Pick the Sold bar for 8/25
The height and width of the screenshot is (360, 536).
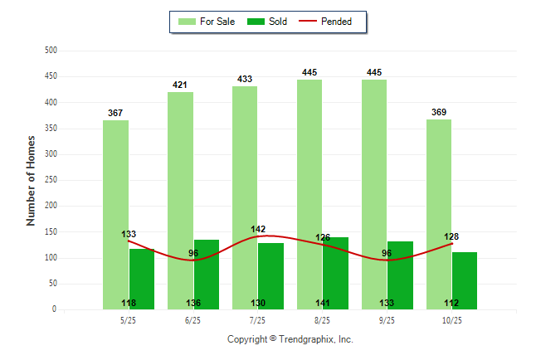click(x=335, y=273)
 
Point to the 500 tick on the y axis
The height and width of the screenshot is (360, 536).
click(x=51, y=51)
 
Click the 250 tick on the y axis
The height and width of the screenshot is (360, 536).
click(x=51, y=180)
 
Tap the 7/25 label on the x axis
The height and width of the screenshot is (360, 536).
click(x=257, y=320)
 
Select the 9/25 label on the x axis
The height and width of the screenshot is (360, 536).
click(x=387, y=320)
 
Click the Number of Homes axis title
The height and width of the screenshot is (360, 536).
click(x=32, y=180)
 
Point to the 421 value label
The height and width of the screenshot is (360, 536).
click(x=180, y=85)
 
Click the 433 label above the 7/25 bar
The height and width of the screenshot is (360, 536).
click(x=245, y=79)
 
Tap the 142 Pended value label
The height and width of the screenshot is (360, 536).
click(x=258, y=229)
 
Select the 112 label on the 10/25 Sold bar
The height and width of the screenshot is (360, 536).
click(x=451, y=303)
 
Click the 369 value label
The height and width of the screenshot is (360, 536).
click(x=439, y=112)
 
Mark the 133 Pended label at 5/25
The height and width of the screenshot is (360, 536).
click(x=129, y=235)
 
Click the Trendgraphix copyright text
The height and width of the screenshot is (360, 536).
click(x=290, y=339)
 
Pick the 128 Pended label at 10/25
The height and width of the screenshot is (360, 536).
click(x=451, y=237)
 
